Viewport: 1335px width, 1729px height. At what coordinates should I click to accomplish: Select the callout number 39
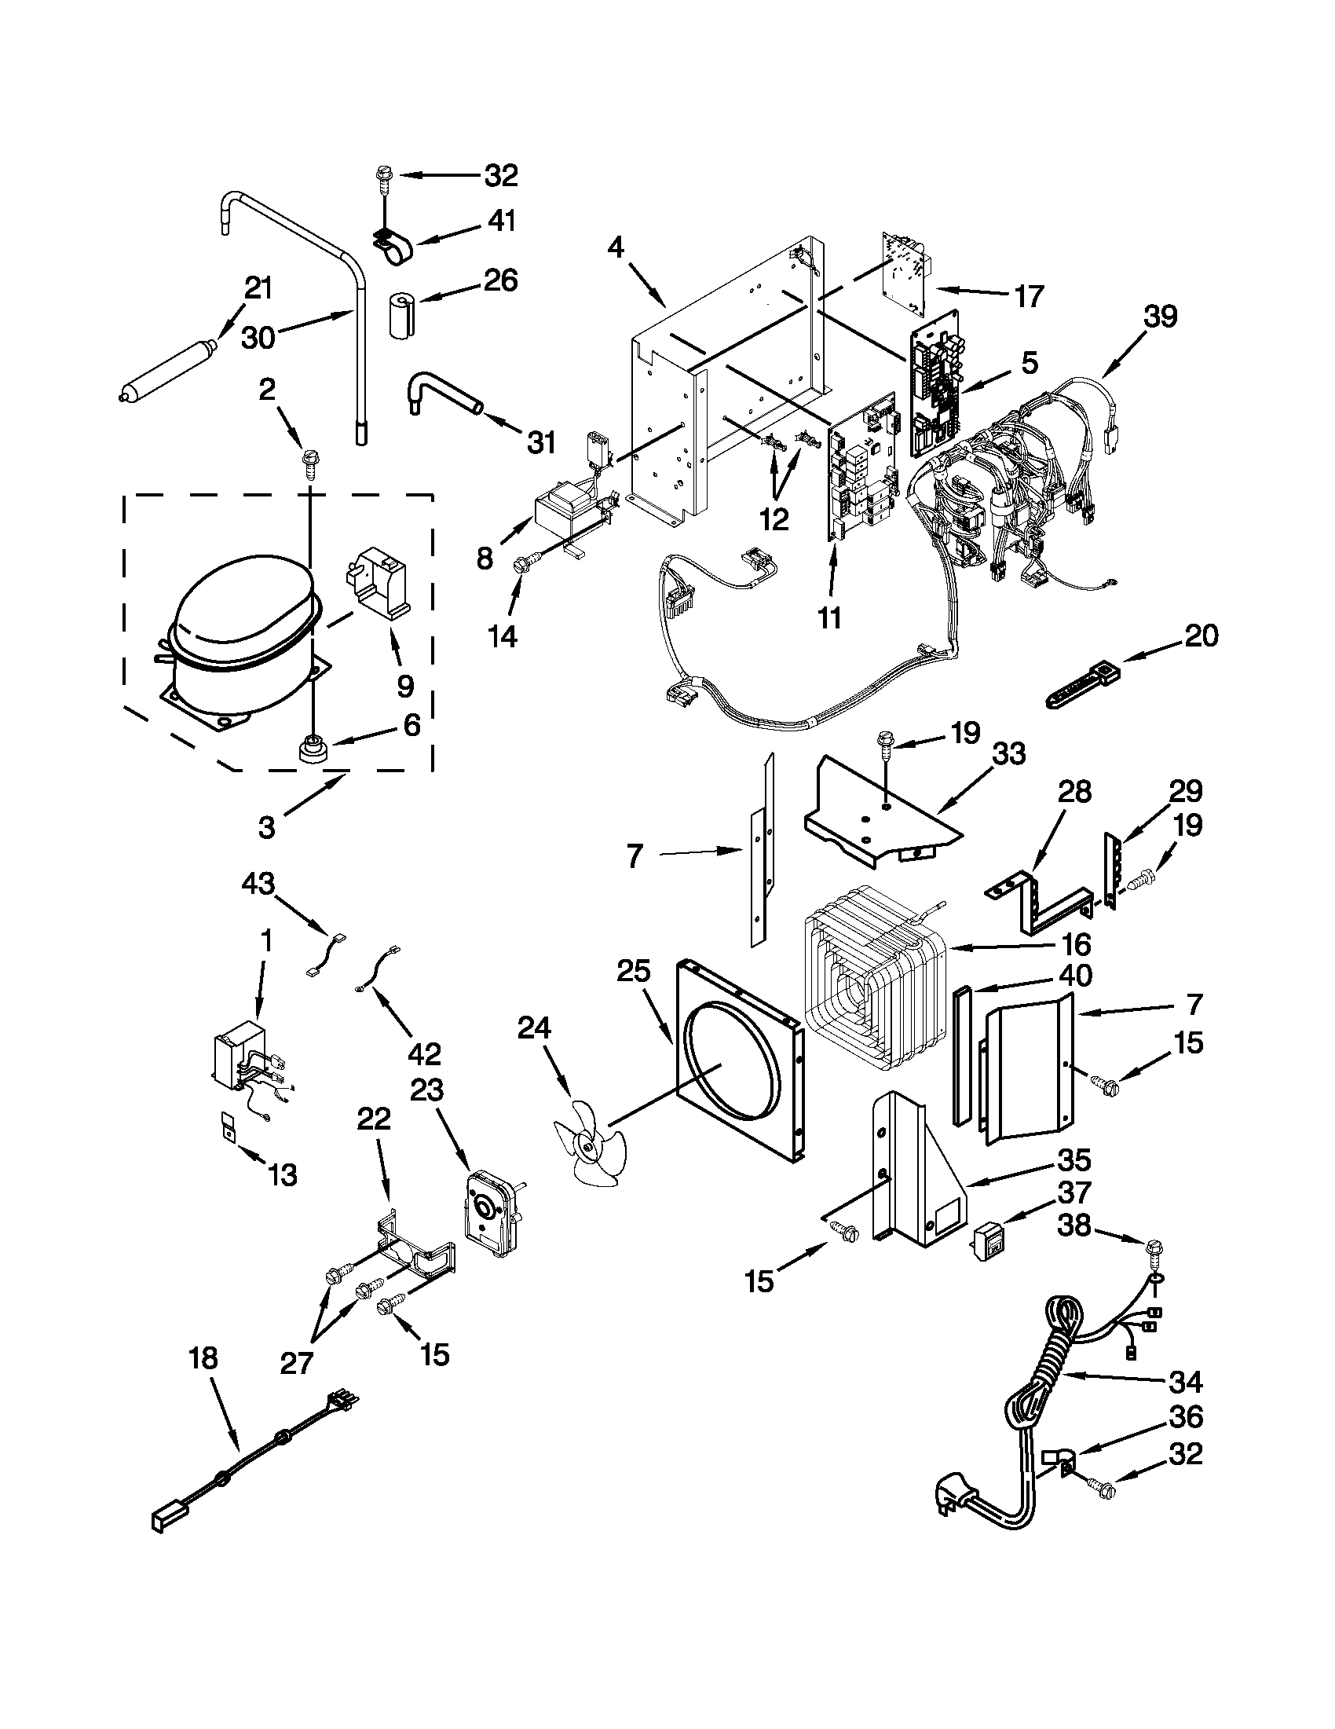point(1159,317)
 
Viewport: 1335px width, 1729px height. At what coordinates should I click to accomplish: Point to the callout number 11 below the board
point(828,617)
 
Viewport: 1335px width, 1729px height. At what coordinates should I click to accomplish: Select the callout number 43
point(260,882)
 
